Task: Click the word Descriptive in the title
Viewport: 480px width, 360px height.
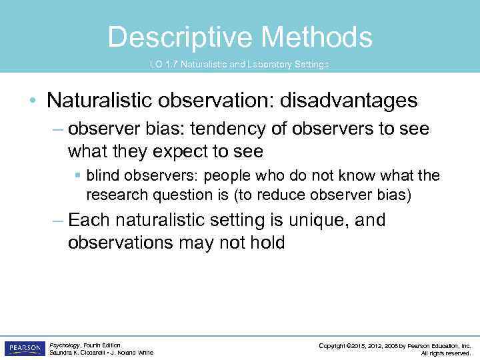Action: pos(181,37)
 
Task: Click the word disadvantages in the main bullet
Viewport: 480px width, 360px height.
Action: pos(349,101)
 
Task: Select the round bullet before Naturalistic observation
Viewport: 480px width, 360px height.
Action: pos(33,101)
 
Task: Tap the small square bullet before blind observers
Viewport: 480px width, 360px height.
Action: pos(78,176)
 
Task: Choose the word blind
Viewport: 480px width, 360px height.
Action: pos(101,175)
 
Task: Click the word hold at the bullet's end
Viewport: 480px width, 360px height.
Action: pos(268,243)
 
